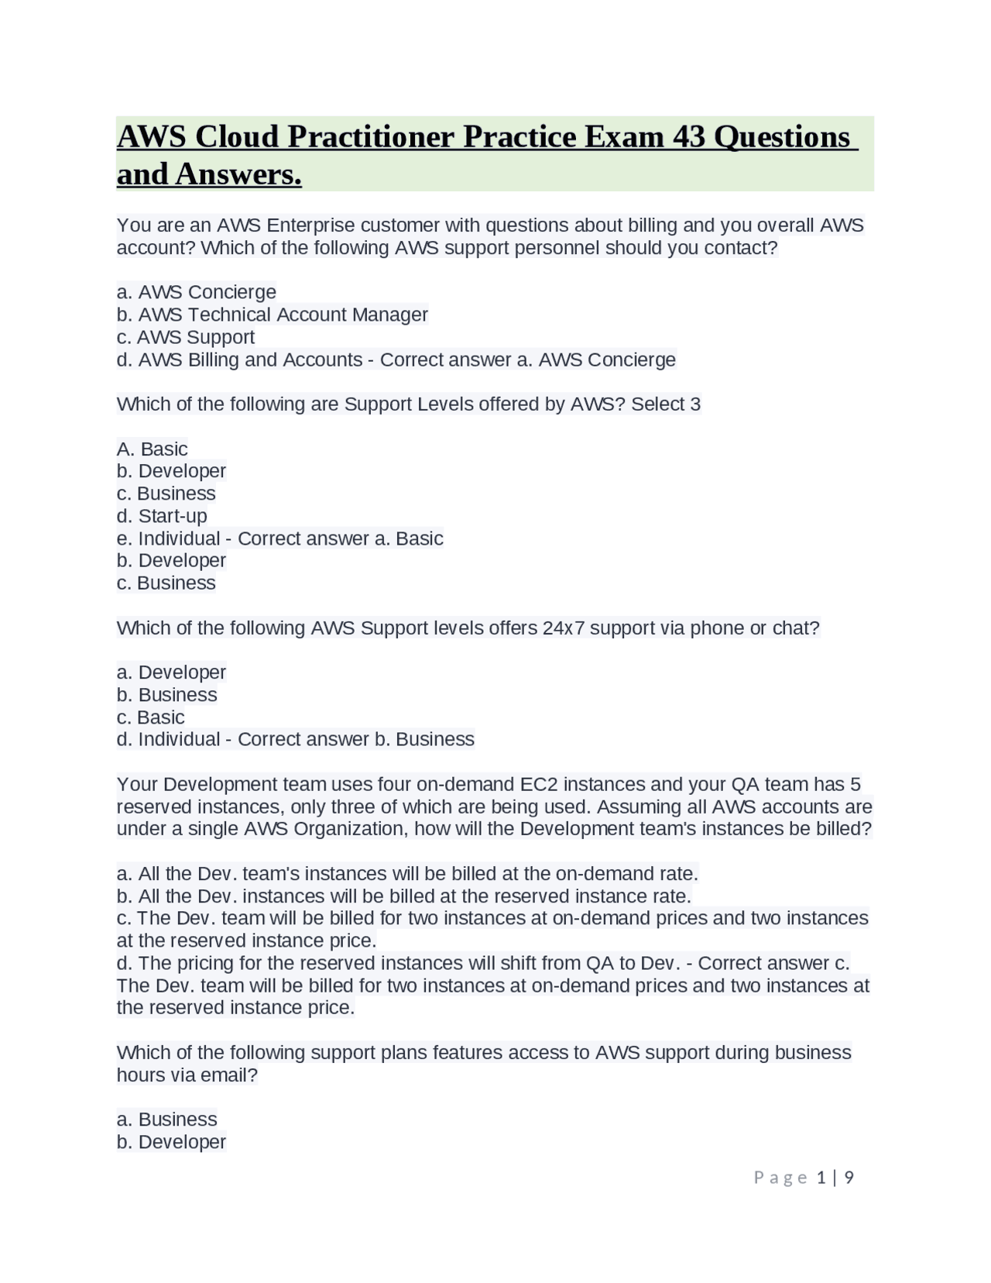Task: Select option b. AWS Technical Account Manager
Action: point(272,315)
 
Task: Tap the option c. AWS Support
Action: point(186,337)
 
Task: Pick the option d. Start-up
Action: point(162,516)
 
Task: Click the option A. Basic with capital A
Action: point(153,449)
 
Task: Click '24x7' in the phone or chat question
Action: point(564,628)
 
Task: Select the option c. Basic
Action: point(151,717)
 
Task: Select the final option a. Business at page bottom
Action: point(166,1120)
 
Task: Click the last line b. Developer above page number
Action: point(171,1142)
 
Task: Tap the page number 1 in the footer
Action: point(822,1178)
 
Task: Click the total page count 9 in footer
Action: point(849,1178)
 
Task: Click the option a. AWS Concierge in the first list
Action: point(197,292)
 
